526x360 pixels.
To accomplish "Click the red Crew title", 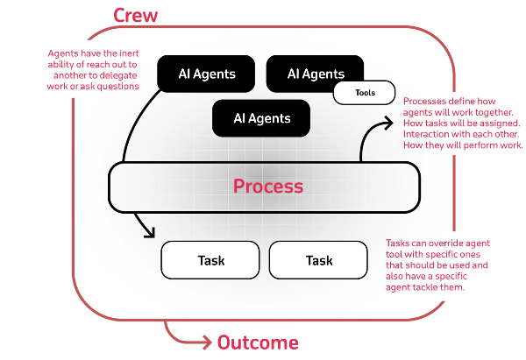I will click(137, 15).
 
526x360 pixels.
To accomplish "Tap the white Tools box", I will click(365, 93).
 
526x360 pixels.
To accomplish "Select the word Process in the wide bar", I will click(268, 187).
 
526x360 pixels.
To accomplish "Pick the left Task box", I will click(211, 260).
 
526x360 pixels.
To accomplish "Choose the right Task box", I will click(319, 260).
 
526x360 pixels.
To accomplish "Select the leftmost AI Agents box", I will click(206, 74).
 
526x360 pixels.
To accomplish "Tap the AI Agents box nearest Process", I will click(261, 116).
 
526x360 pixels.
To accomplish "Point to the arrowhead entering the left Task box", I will click(151, 233).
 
